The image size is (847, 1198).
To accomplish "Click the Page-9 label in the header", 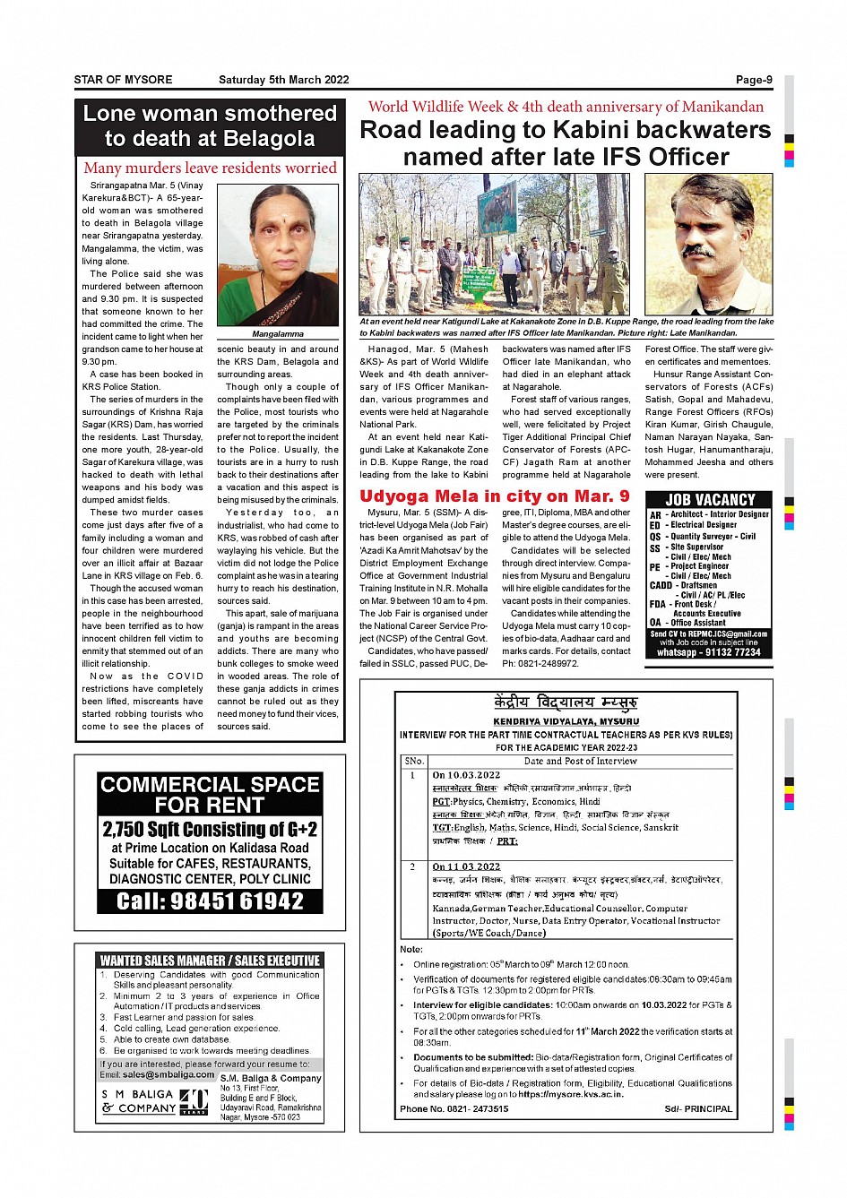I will (x=753, y=80).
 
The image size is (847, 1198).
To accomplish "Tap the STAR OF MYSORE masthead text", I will (x=123, y=80).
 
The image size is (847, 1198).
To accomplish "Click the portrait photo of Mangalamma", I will (x=278, y=255).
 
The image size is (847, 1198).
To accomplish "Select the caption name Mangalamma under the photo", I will (x=278, y=333).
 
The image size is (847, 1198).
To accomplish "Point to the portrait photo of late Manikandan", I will (x=708, y=244).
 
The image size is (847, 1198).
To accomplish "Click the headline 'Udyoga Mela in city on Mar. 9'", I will (x=494, y=496).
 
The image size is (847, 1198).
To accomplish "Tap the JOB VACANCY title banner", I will (x=710, y=499).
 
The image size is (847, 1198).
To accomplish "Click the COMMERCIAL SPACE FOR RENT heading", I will (x=210, y=794).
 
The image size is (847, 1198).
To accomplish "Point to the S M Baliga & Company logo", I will (x=154, y=1101).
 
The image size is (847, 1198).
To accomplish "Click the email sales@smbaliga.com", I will (x=169, y=1074).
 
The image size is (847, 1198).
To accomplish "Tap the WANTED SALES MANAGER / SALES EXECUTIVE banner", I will (x=210, y=960).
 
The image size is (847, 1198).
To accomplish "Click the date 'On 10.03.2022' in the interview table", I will (x=466, y=775).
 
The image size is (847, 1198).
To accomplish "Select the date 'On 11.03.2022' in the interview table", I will (x=466, y=866).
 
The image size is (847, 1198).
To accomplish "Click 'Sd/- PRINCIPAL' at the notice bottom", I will (x=698, y=1108).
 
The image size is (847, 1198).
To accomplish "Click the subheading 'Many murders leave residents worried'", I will (x=210, y=168).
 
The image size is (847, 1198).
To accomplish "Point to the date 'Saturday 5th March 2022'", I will (x=283, y=80).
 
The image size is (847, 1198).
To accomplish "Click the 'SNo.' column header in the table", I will (x=413, y=761).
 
